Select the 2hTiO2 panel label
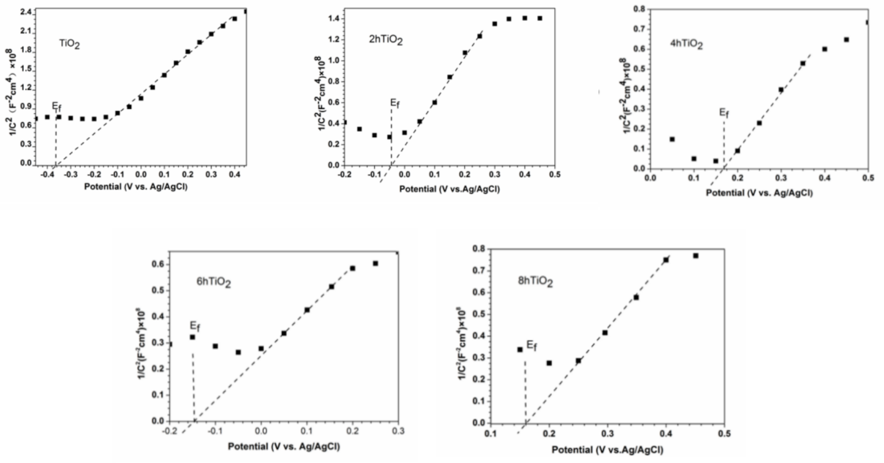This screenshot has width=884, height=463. [386, 40]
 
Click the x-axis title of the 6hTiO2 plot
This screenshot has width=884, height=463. [284, 446]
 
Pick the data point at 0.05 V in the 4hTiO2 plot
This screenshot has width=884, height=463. [672, 139]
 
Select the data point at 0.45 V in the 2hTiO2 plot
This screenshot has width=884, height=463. [540, 18]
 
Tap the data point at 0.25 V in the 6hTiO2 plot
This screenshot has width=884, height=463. [375, 263]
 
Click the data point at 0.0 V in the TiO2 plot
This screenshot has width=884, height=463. [141, 98]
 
